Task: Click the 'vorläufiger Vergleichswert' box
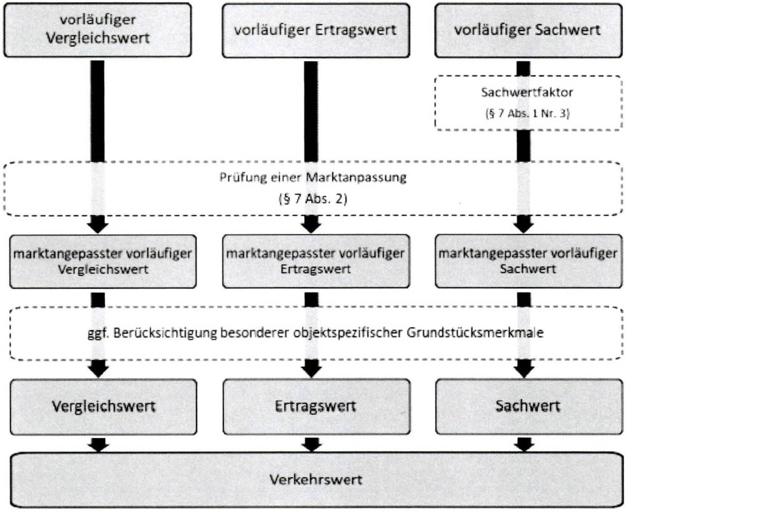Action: point(97,29)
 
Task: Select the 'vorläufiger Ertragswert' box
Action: point(316,30)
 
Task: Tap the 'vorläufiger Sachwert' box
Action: point(528,30)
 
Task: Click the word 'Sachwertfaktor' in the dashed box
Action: point(527,92)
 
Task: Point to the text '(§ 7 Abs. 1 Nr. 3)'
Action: point(527,113)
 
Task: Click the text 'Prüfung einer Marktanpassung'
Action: point(313,177)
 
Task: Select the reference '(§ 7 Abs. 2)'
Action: point(313,198)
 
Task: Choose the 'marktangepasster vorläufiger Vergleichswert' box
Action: point(103,261)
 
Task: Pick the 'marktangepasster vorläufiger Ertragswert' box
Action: point(316,261)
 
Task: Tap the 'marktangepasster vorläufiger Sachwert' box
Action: point(528,261)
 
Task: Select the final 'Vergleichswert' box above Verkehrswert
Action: point(103,406)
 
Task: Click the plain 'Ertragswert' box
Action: point(316,406)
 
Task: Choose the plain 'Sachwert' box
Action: point(528,406)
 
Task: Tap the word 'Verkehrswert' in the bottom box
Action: point(316,480)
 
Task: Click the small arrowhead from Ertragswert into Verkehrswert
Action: point(312,445)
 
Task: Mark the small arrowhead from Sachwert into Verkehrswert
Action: point(524,445)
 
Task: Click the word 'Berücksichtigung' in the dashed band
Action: point(165,333)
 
